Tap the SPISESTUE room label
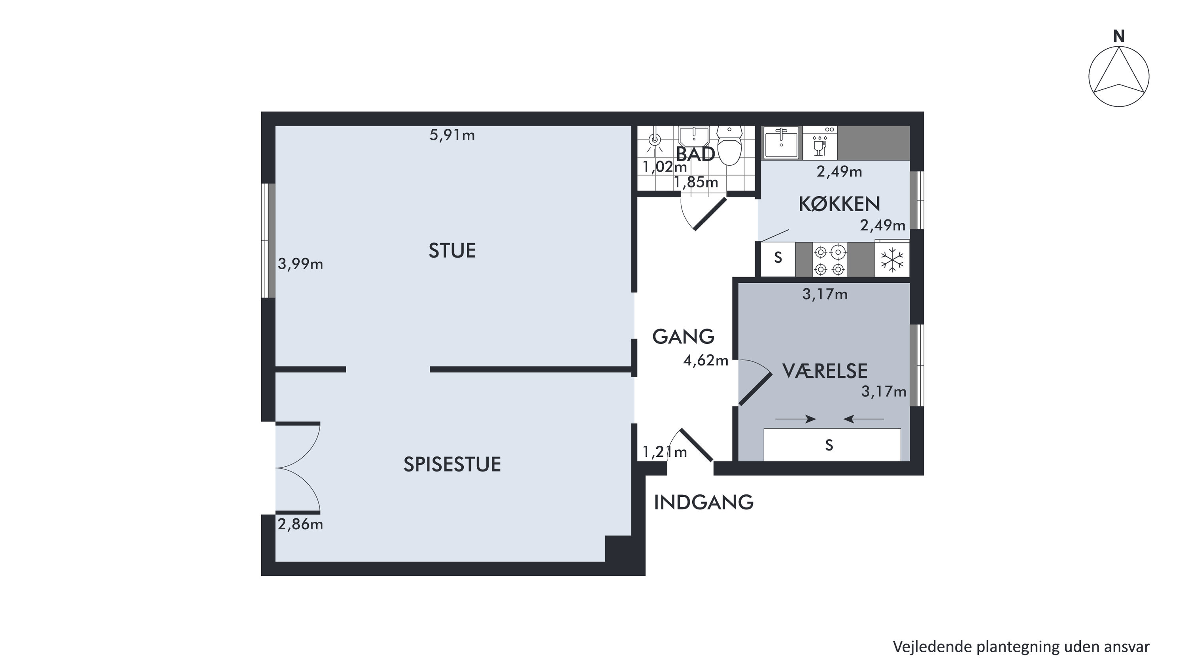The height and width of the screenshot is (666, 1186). coord(452,464)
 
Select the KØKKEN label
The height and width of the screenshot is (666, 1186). coord(839,204)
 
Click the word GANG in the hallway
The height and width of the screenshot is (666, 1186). coord(683,337)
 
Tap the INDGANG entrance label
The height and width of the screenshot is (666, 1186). coord(704,503)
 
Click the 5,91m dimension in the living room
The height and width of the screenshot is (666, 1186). coord(452,135)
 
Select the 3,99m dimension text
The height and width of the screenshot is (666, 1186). coord(300,264)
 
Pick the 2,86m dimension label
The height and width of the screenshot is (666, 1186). coord(300,524)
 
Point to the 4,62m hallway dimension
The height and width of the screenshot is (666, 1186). coord(706,360)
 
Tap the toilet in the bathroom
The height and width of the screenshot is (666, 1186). coord(730,145)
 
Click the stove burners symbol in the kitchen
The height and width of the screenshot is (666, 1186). coord(830,260)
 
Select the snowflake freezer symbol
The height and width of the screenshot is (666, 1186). coord(892,260)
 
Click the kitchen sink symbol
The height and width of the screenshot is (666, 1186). coord(781,143)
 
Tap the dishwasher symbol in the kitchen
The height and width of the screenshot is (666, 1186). coord(820,143)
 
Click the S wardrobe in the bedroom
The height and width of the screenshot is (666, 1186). coord(832,445)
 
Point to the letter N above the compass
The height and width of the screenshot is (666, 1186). coord(1119,36)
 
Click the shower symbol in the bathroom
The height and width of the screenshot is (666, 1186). coord(655,143)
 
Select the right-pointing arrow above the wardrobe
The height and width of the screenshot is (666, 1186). coord(795,419)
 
